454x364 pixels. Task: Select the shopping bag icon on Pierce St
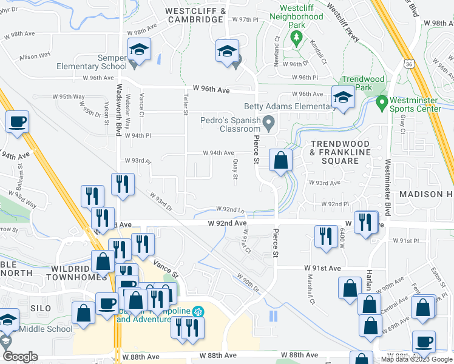click(281, 161)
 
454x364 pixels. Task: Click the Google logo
click(20, 357)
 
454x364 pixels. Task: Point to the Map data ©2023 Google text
click(417, 359)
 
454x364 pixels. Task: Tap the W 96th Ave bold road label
click(211, 90)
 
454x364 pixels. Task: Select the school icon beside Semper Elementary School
click(140, 52)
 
